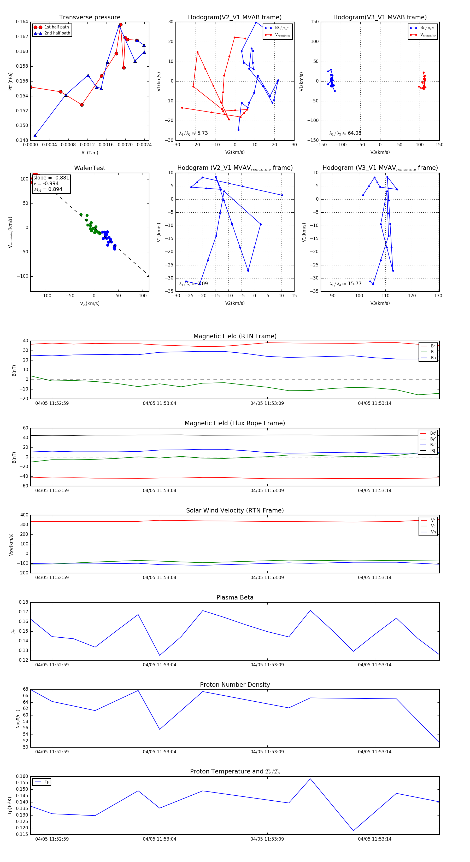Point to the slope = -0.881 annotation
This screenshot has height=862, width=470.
51,178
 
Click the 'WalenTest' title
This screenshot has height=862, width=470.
90,168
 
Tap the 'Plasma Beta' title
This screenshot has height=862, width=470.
235,597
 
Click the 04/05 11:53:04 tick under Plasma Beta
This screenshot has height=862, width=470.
160,665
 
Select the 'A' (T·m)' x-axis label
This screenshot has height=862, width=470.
90,153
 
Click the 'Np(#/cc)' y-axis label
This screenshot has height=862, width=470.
18,718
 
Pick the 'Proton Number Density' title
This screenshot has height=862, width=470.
235,684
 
